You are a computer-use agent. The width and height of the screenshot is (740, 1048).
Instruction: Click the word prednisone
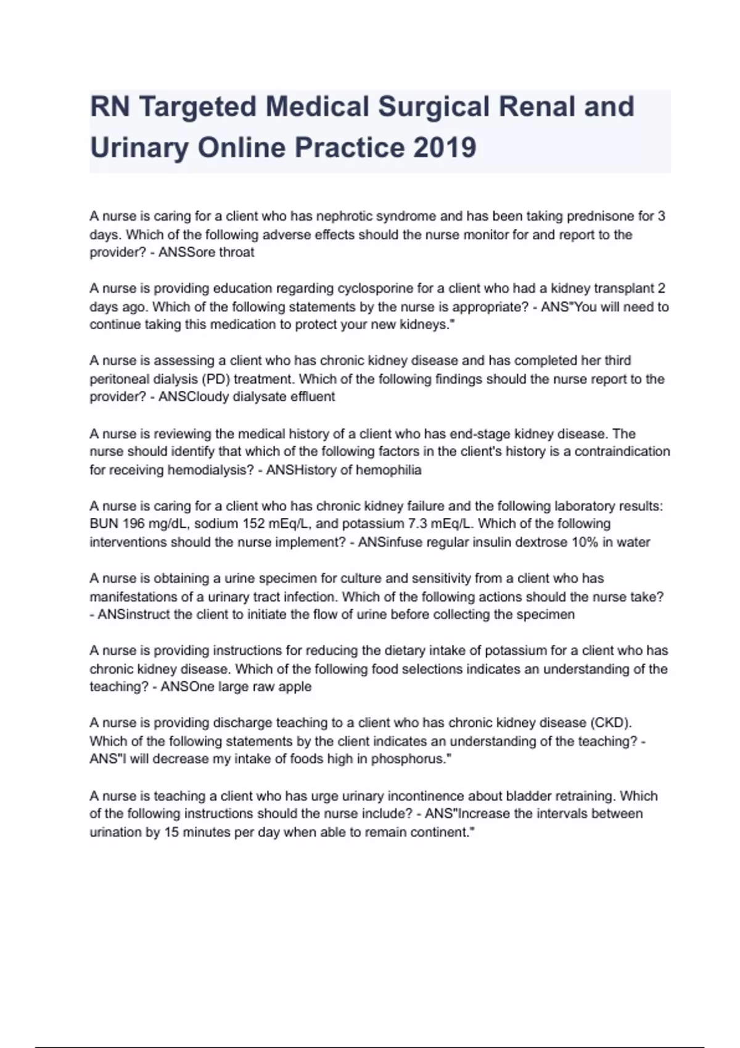click(600, 216)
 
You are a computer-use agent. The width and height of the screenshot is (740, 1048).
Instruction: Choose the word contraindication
click(622, 451)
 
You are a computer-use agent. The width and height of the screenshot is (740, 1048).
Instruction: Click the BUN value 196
click(134, 524)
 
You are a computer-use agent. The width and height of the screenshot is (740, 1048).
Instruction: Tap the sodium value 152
click(254, 524)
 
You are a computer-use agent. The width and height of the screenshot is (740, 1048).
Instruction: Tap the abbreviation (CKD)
click(610, 723)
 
